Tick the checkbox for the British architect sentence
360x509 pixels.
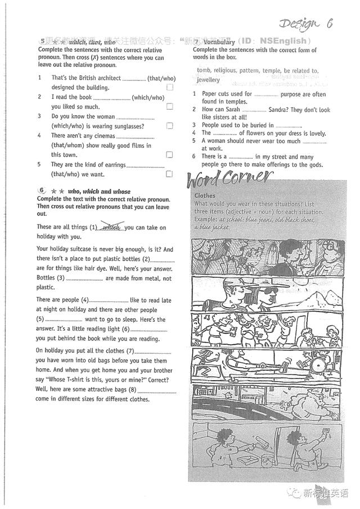pyautogui.click(x=170, y=88)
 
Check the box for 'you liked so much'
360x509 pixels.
pyautogui.click(x=170, y=107)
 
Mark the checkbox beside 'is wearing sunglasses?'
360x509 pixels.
pyautogui.click(x=170, y=126)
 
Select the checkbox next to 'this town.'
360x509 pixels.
pyautogui.click(x=170, y=155)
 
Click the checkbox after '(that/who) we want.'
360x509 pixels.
pyautogui.click(x=170, y=174)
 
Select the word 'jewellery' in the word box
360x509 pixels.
pyautogui.click(x=208, y=80)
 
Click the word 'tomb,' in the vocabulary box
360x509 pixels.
pyautogui.click(x=205, y=71)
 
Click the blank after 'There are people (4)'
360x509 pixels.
pyautogui.click(x=109, y=301)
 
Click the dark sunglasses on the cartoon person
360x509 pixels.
pyautogui.click(x=270, y=291)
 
